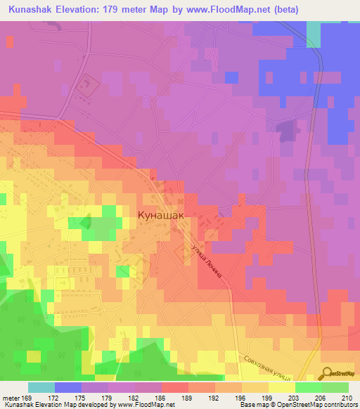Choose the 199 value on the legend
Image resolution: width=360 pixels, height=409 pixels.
point(255,398)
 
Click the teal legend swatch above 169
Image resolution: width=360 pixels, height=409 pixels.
point(41,387)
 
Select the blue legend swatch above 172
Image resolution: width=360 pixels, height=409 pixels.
point(68,387)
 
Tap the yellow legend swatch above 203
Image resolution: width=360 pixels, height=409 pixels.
point(282,387)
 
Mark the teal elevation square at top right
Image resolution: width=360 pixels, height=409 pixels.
point(314,33)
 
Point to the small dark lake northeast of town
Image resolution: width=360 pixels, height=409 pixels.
point(286,129)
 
